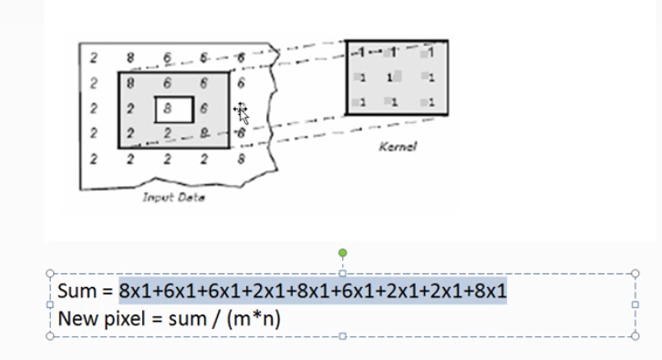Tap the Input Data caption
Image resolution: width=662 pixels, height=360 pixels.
pyautogui.click(x=171, y=198)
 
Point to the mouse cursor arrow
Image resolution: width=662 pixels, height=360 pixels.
pyautogui.click(x=242, y=113)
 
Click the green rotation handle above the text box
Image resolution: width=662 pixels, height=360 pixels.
pyautogui.click(x=343, y=252)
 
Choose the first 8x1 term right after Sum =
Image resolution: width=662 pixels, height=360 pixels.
pyautogui.click(x=138, y=292)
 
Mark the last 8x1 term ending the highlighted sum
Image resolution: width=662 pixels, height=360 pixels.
pyautogui.click(x=487, y=292)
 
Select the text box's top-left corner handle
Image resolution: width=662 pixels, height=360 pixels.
pyautogui.click(x=50, y=272)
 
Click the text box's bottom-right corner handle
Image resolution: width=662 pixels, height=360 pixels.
pyautogui.click(x=635, y=335)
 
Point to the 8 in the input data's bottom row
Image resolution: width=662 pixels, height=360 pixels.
pyautogui.click(x=240, y=159)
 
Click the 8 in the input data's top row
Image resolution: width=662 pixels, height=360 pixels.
pyautogui.click(x=131, y=57)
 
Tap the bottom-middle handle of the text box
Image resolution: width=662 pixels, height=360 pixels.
pyautogui.click(x=343, y=335)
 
